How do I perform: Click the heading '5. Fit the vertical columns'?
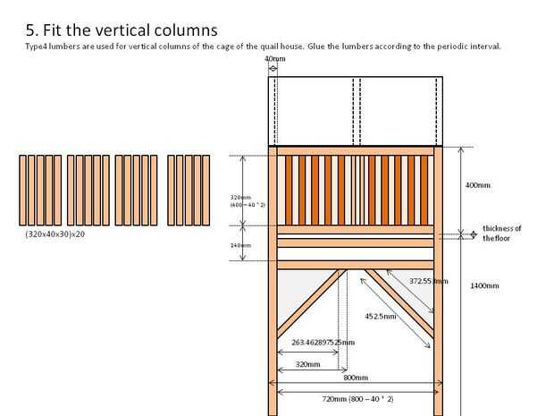[x=122, y=30]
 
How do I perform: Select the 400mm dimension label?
[x=478, y=185]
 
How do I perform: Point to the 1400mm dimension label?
[x=483, y=286]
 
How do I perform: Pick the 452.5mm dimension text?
[x=382, y=315]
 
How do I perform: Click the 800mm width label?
[x=356, y=378]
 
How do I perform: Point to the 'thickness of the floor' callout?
[x=501, y=233]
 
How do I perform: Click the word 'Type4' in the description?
[x=38, y=47]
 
